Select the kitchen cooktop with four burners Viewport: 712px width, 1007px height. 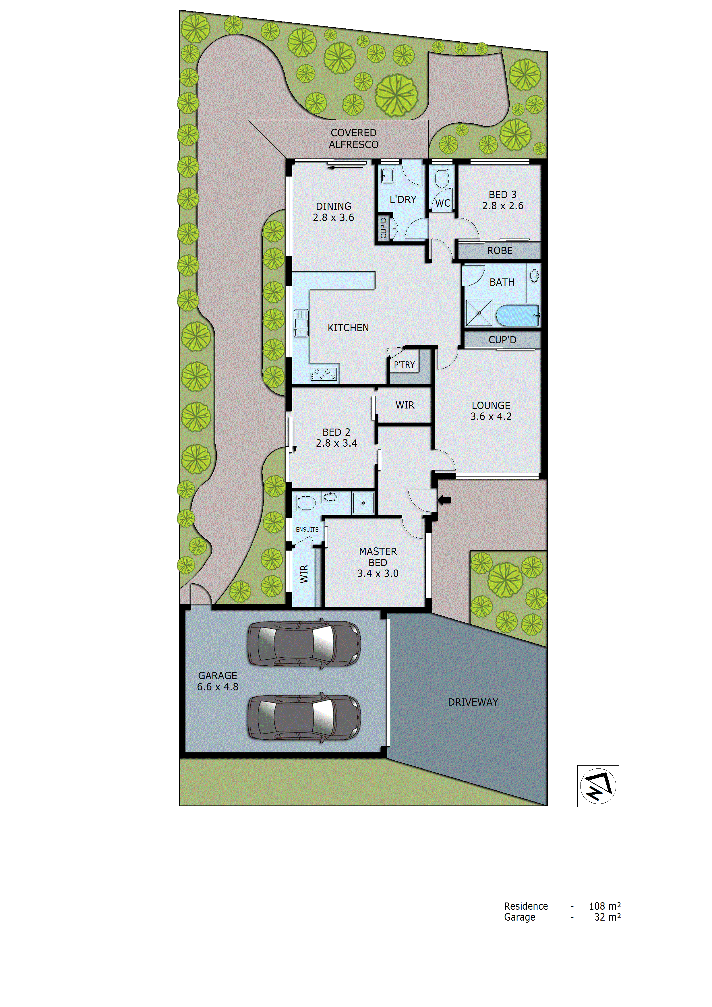click(x=324, y=374)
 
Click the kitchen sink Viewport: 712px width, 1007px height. click(x=301, y=323)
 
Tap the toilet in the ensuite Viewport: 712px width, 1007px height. click(x=305, y=502)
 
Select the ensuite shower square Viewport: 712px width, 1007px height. click(x=363, y=503)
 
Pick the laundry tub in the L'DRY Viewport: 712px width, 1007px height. click(x=387, y=175)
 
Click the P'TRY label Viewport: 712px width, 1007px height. click(x=404, y=365)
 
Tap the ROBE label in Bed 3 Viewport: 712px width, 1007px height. click(x=500, y=250)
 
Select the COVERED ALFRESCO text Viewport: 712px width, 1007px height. click(x=354, y=139)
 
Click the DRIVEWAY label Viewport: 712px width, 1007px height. click(x=473, y=702)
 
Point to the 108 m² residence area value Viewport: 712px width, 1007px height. click(x=605, y=906)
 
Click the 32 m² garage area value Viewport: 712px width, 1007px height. click(x=607, y=917)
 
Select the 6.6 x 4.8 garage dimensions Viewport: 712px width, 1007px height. click(x=218, y=687)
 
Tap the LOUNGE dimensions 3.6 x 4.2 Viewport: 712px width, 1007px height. click(x=491, y=417)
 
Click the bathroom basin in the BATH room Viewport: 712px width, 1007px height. click(x=534, y=276)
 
